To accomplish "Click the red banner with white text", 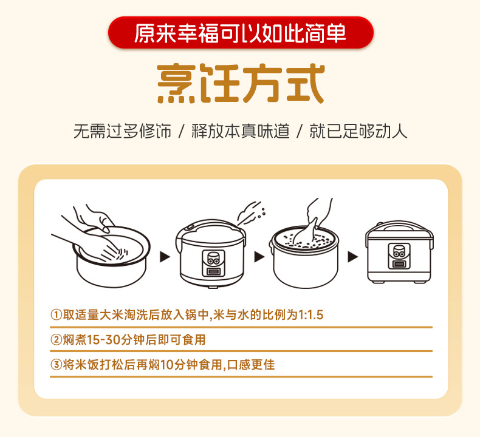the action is pos(241,33).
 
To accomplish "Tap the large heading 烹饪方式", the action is pos(241,84).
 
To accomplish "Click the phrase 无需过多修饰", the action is pos(123,131).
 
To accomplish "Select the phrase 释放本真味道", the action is pos(241,131).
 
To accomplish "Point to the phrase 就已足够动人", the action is pos(358,131).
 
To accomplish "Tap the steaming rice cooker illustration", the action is pos(211,254).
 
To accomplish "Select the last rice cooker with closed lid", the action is pos(399,252).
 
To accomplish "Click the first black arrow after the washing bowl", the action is pos(165,257).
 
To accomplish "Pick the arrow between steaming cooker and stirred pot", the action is pos(259,257).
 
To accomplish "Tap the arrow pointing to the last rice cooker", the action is pos(352,257).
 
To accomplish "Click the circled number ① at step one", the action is pos(57,314).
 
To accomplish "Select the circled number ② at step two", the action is pos(57,340).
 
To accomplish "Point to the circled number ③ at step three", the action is pos(57,365).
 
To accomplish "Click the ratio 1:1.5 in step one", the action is pos(310,315).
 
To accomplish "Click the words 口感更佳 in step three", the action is pos(251,365).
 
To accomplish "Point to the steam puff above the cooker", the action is pos(250,212).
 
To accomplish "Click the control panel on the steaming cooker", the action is pos(213,263).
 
